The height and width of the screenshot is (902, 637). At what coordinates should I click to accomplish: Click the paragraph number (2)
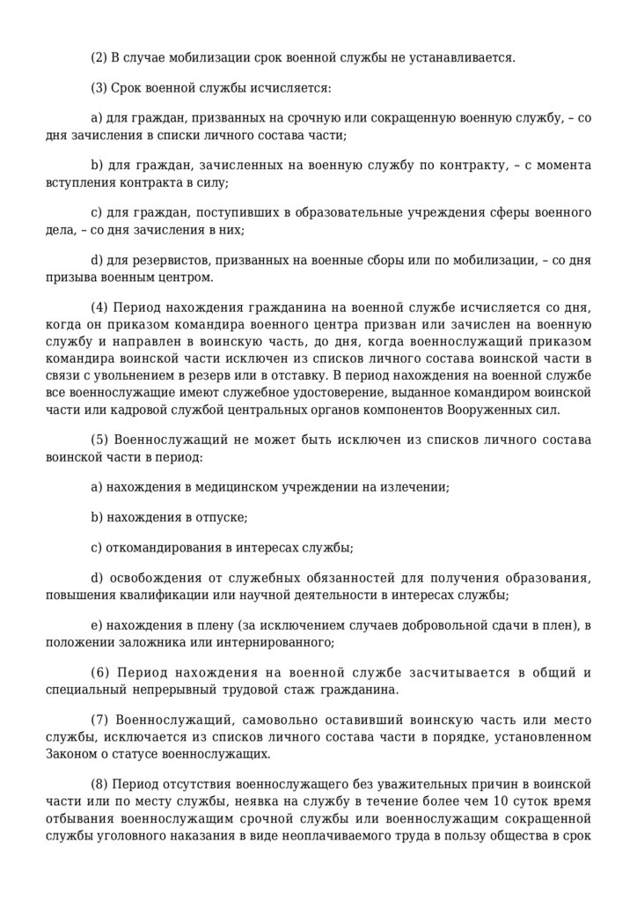[x=99, y=58]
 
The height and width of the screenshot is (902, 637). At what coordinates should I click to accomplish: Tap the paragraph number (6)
[x=101, y=673]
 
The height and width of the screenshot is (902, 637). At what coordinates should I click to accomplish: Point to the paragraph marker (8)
[x=99, y=784]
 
